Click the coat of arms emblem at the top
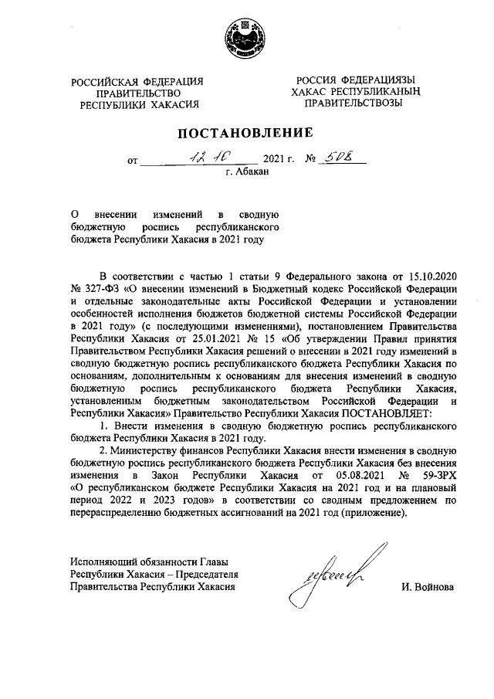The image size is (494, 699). (x=246, y=39)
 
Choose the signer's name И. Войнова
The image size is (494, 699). (x=428, y=587)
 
